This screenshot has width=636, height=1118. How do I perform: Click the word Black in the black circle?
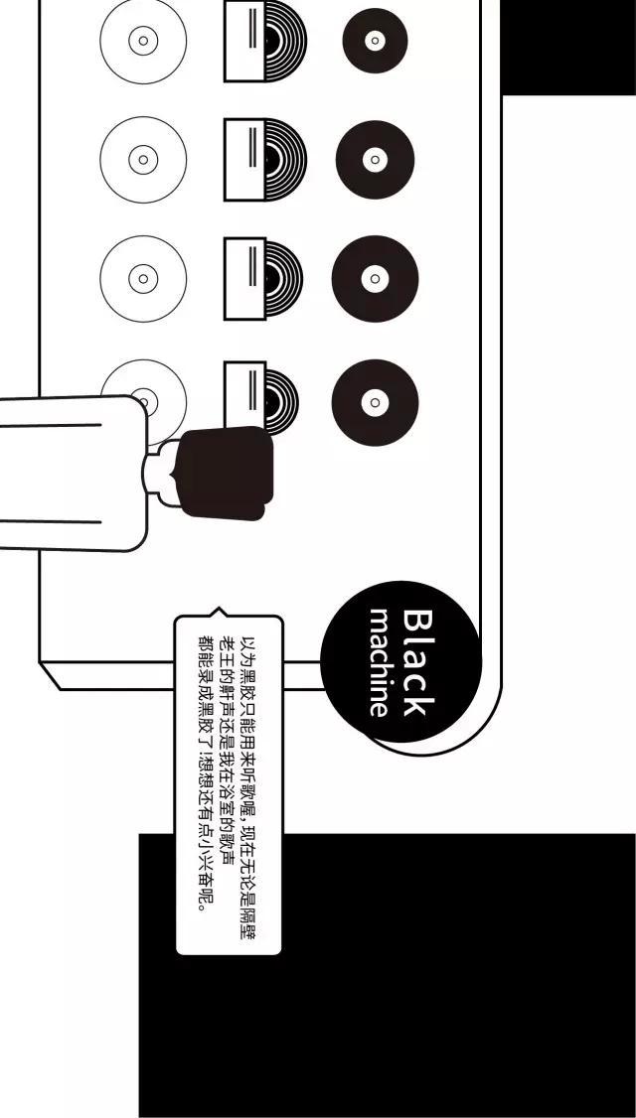click(417, 662)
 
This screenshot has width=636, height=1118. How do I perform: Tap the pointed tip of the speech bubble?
click(219, 610)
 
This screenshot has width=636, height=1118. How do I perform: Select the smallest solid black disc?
click(375, 41)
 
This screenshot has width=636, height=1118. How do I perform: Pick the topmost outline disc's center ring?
click(143, 41)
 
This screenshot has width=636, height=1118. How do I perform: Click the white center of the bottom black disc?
click(375, 402)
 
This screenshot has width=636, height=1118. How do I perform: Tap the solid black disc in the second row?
click(375, 160)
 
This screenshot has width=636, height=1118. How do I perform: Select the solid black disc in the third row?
click(375, 279)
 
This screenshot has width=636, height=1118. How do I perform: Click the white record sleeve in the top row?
click(244, 41)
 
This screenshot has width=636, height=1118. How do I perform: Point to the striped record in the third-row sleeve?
click(283, 280)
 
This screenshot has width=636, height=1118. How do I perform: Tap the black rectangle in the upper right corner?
click(567, 47)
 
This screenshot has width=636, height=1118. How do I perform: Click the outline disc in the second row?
click(143, 160)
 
